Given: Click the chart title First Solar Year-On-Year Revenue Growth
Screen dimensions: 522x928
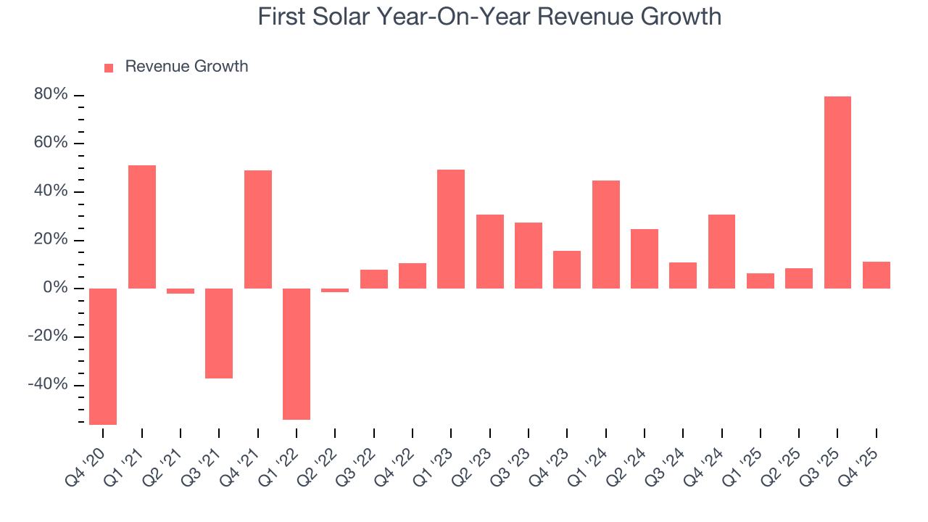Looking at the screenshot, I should (489, 17).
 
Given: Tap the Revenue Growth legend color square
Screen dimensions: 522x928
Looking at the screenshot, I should (109, 67).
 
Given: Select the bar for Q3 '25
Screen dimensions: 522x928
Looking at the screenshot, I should (837, 192).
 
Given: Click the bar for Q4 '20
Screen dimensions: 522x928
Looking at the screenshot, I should (103, 356).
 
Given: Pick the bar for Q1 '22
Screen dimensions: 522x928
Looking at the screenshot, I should (297, 354).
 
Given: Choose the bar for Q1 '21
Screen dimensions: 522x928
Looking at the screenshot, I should (142, 227).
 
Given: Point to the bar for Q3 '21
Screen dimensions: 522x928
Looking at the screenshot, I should (219, 333).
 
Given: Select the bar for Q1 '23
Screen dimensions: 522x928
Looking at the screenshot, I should (451, 229).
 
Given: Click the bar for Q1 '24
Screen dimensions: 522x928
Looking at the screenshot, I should (606, 234).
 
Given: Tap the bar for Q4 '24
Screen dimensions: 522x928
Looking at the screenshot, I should (722, 252).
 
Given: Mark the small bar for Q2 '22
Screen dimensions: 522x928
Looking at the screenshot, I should (335, 290).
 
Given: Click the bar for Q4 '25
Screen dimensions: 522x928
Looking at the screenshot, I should (877, 275).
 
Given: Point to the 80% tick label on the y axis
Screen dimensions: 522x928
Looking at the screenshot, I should (51, 95).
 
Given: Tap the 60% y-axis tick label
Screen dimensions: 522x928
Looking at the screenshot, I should (51, 144).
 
